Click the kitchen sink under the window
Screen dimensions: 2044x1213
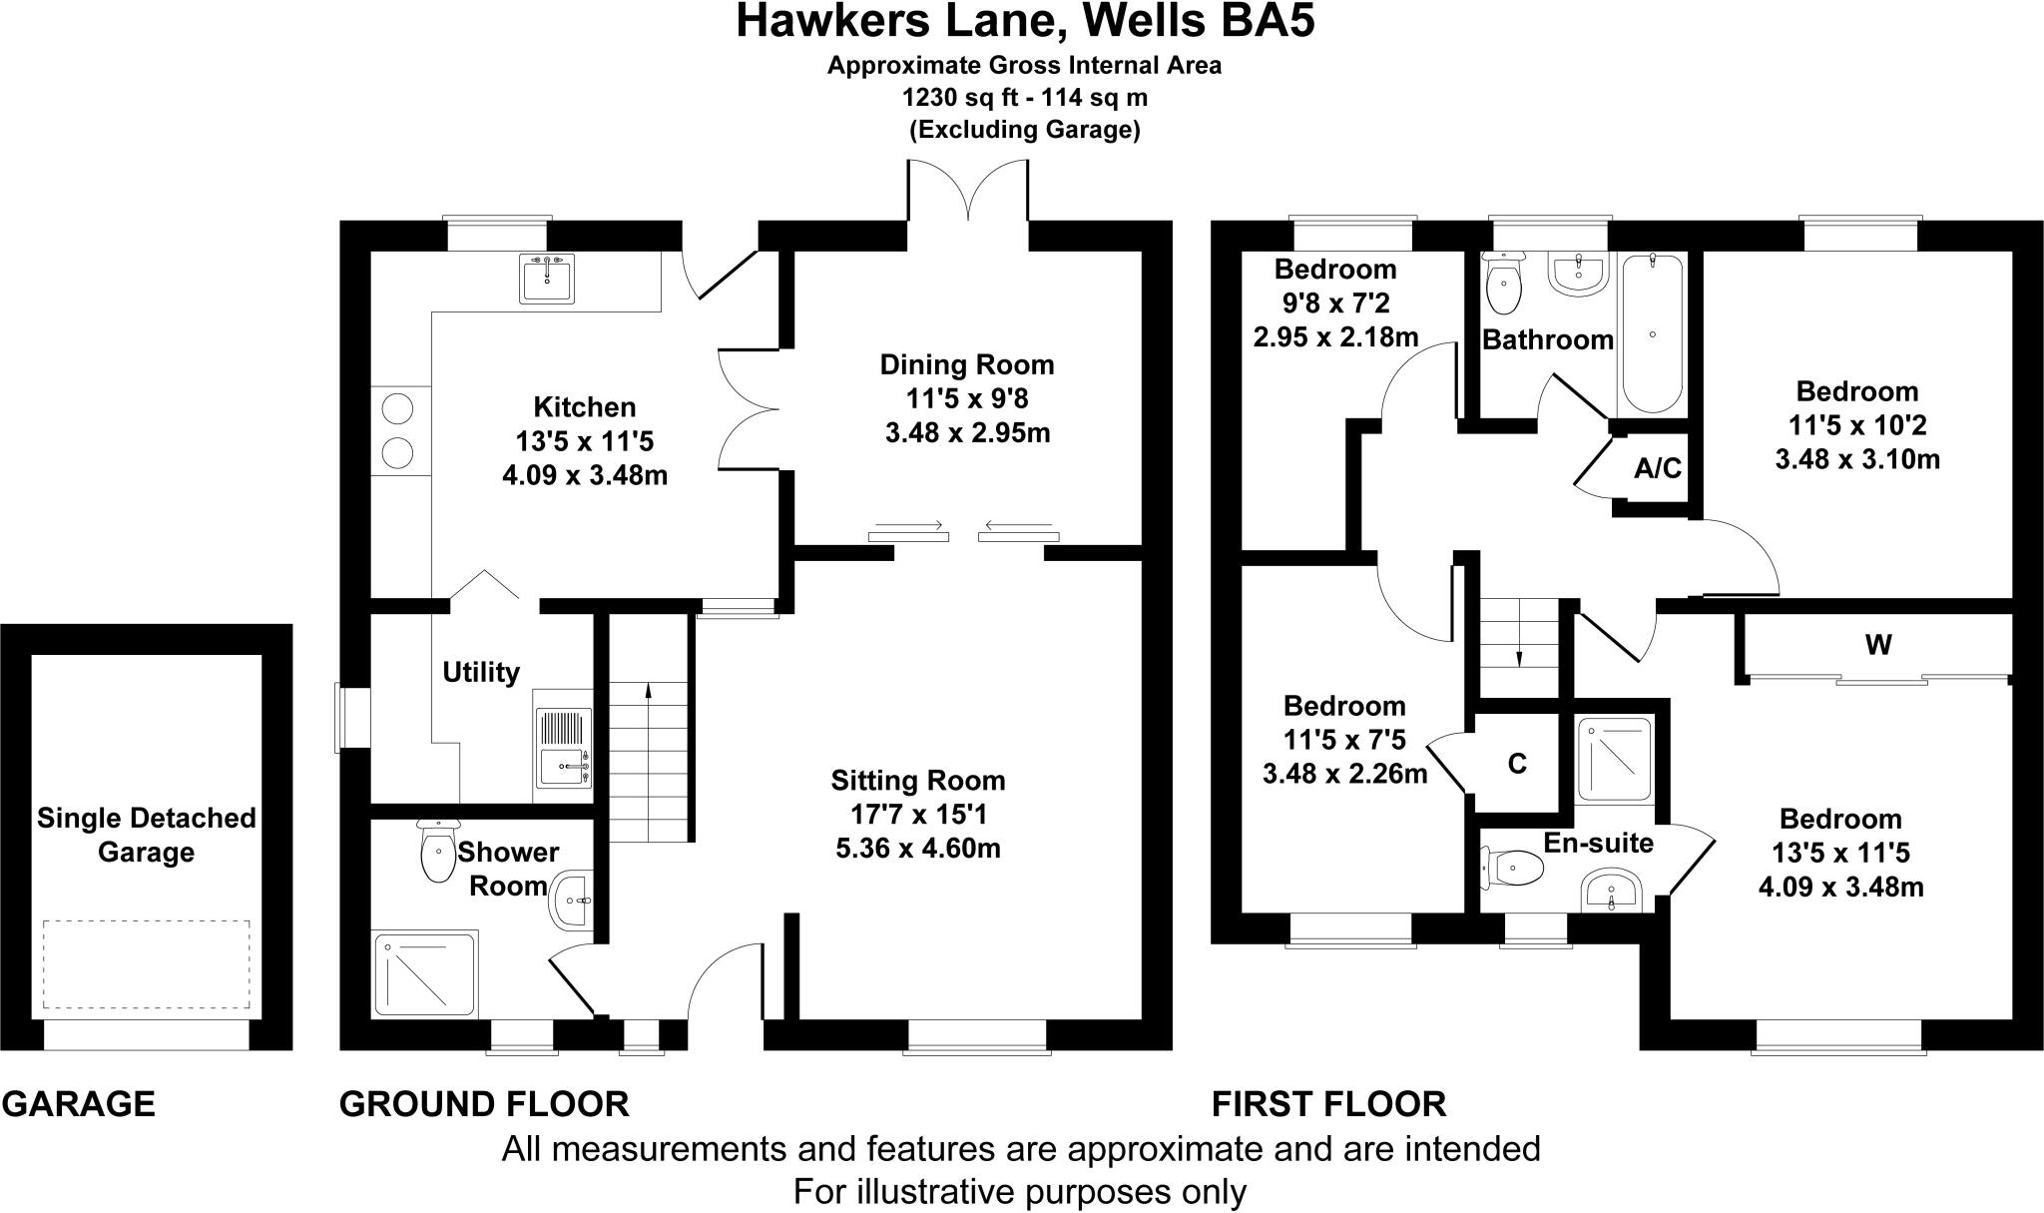tap(546, 279)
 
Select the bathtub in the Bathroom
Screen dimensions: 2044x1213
tap(1653, 333)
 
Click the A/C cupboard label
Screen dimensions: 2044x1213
tap(1658, 467)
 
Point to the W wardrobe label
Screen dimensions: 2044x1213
tap(1878, 645)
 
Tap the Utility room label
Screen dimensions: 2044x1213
tap(481, 672)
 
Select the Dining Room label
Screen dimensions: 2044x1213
tap(966, 365)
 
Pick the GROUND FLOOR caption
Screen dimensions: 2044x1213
tap(484, 1104)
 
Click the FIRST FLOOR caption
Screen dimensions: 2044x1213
tap(1328, 1104)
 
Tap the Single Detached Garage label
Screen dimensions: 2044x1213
tap(147, 836)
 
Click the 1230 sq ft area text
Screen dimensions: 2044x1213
tap(1024, 98)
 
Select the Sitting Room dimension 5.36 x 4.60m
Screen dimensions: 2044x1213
tap(917, 849)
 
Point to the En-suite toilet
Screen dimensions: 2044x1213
tap(1512, 867)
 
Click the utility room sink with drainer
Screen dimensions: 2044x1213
tap(564, 747)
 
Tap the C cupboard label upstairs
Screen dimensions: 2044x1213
tap(1517, 764)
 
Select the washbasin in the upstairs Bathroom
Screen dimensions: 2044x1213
tap(1578, 274)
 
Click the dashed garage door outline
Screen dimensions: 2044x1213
tap(146, 963)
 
